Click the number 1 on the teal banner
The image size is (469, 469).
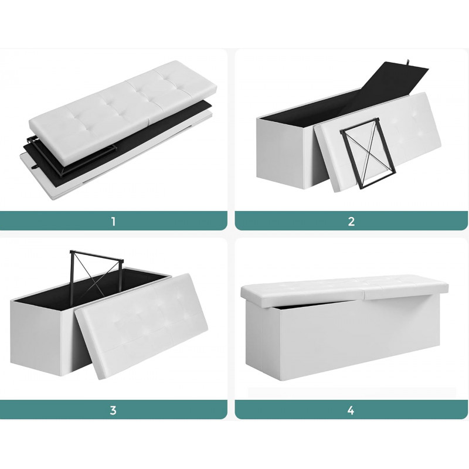click(x=113, y=222)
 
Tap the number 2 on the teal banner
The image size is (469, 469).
click(x=351, y=222)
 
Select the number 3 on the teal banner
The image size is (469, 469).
click(x=113, y=410)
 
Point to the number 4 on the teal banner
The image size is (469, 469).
click(x=351, y=410)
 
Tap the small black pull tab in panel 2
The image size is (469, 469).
click(x=409, y=62)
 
